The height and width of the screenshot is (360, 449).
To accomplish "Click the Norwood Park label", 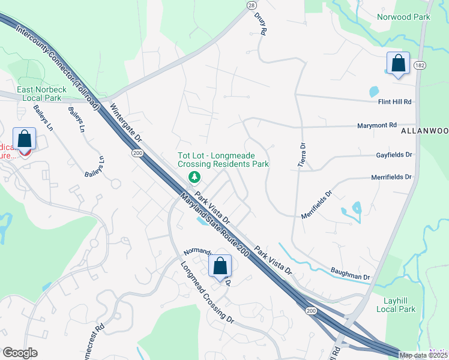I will coord(403,17).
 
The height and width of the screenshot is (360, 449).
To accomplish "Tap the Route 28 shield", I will coord(251,5).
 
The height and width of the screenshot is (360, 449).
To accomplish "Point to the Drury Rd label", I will coord(259,24).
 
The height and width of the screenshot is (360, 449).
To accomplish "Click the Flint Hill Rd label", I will coord(395,102).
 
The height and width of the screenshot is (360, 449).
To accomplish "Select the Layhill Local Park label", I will coord(396,305).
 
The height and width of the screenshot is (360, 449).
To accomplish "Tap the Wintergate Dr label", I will coord(125,124).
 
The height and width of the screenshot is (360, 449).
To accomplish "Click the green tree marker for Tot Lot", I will coord(194,177).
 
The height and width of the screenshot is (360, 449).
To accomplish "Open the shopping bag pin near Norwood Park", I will coord(397,64).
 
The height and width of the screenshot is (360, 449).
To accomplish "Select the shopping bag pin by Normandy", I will coord(220,266).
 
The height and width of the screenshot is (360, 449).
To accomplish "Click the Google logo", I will coord(20,353).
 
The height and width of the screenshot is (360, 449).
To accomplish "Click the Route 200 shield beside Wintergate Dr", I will coord(137,154).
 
